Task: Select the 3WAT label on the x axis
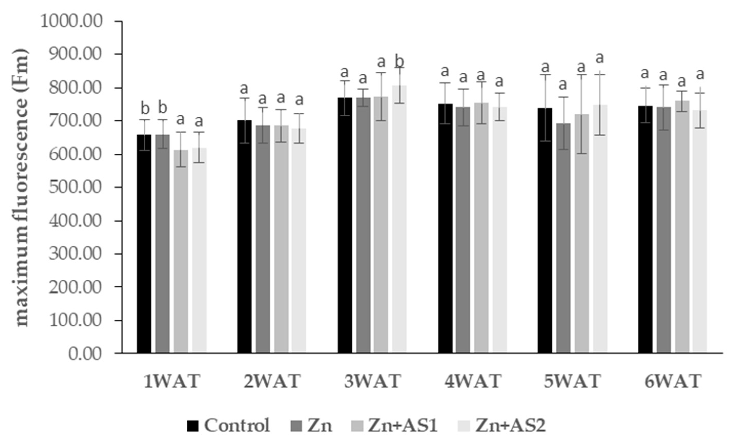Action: [x=373, y=382]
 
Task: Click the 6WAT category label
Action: [x=673, y=382]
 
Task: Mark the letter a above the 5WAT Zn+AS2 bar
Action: [x=600, y=58]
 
